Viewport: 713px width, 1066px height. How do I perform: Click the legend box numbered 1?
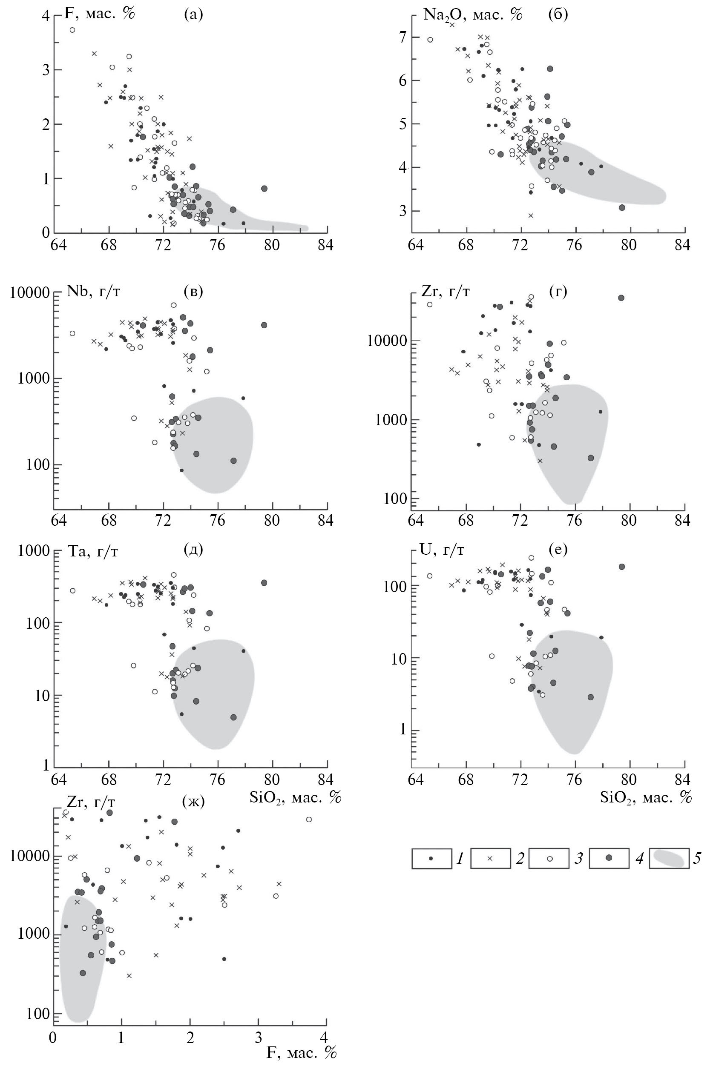click(431, 858)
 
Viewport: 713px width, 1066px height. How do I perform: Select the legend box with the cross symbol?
click(490, 858)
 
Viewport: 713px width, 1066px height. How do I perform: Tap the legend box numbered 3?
click(549, 858)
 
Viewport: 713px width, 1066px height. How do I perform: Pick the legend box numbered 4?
click(608, 858)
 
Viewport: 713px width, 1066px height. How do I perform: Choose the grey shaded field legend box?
click(668, 858)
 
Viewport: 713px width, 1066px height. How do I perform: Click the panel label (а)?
click(193, 14)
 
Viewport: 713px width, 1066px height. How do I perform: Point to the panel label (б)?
click(558, 14)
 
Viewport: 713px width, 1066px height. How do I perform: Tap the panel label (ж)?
click(193, 802)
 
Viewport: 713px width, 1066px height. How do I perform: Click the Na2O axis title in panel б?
click(473, 14)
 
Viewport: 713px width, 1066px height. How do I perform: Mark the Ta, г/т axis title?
click(93, 551)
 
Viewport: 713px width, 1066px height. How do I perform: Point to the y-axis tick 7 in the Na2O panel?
click(402, 37)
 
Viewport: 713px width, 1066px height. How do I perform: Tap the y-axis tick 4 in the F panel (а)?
click(46, 16)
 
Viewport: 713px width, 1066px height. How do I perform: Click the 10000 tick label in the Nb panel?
click(29, 292)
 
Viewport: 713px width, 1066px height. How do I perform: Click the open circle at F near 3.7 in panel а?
click(72, 30)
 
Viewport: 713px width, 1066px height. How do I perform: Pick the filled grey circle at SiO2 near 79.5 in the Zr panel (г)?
click(621, 298)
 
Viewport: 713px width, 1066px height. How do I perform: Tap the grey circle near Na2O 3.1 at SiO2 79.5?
click(622, 207)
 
